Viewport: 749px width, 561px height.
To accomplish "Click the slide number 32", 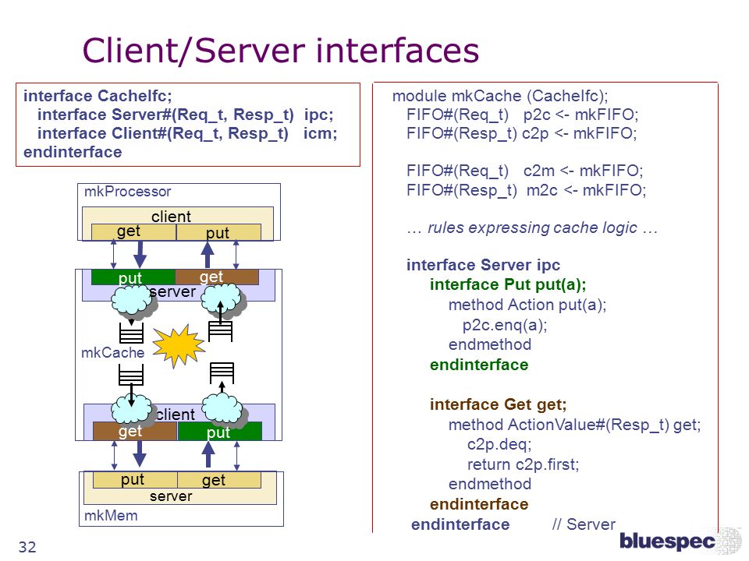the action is click(27, 547).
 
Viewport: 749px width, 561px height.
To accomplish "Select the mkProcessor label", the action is click(127, 192).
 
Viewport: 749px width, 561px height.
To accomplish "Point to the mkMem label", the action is click(111, 516).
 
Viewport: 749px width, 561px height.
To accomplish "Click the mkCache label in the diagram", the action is click(112, 352).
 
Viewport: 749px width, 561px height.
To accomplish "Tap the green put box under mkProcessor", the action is click(133, 277).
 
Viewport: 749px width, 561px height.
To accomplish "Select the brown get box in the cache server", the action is click(218, 277).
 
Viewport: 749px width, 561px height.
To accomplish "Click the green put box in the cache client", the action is click(220, 431).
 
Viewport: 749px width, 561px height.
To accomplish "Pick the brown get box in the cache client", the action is click(135, 431).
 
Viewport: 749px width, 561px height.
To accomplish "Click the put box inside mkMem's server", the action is click(135, 480).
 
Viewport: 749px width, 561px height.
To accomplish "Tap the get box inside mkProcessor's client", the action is click(133, 232).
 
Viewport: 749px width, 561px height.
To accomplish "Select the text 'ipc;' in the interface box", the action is click(318, 115).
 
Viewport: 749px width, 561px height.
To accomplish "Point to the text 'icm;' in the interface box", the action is click(320, 133).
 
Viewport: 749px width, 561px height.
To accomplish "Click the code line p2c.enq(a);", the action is click(505, 326).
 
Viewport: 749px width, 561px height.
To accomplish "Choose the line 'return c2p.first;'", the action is click(523, 464).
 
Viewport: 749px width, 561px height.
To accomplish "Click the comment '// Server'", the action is click(584, 524).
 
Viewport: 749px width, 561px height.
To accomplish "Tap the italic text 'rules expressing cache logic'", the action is click(532, 228).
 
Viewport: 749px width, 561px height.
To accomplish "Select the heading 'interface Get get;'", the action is click(499, 404).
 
